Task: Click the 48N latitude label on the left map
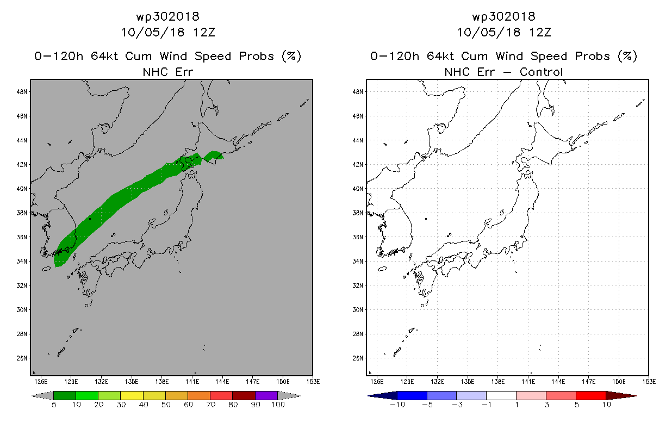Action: (x=22, y=92)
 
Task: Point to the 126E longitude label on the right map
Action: (x=376, y=381)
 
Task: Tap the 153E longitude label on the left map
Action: (x=313, y=381)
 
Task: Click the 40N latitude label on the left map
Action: (x=22, y=189)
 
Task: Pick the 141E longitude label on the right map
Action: (x=527, y=381)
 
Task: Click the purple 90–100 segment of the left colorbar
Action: (x=266, y=395)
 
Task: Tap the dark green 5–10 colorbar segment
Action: (x=65, y=395)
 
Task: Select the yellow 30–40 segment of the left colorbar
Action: (x=132, y=395)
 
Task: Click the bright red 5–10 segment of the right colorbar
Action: (x=590, y=395)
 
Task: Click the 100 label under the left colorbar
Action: (x=278, y=405)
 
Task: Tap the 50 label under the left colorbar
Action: (x=166, y=405)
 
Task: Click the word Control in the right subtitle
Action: (x=541, y=72)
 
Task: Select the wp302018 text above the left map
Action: (x=168, y=16)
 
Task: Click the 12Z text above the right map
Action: (x=540, y=32)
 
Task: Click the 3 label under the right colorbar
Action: (x=546, y=405)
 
